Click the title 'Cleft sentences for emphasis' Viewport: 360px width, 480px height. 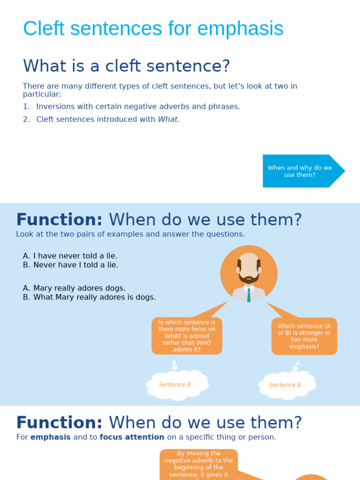[153, 29]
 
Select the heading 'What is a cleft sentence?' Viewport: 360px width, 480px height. [127, 66]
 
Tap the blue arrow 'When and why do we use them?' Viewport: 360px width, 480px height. [300, 171]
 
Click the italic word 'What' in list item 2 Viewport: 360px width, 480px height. [168, 120]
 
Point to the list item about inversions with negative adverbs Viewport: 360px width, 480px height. [138, 106]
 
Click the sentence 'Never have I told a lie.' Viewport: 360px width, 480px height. [75, 265]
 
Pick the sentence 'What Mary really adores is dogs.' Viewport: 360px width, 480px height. [94, 297]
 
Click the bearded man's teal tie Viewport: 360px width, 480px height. [249, 294]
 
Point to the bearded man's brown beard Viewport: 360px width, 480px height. [249, 278]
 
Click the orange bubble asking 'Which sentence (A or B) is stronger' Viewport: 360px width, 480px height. [304, 336]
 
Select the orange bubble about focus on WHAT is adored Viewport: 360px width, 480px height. [187, 336]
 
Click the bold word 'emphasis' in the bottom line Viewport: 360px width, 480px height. [51, 437]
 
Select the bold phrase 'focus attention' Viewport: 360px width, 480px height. [132, 437]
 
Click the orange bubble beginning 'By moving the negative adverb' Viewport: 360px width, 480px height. [199, 464]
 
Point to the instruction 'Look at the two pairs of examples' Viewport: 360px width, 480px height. [130, 234]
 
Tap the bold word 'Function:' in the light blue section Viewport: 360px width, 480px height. [59, 220]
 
